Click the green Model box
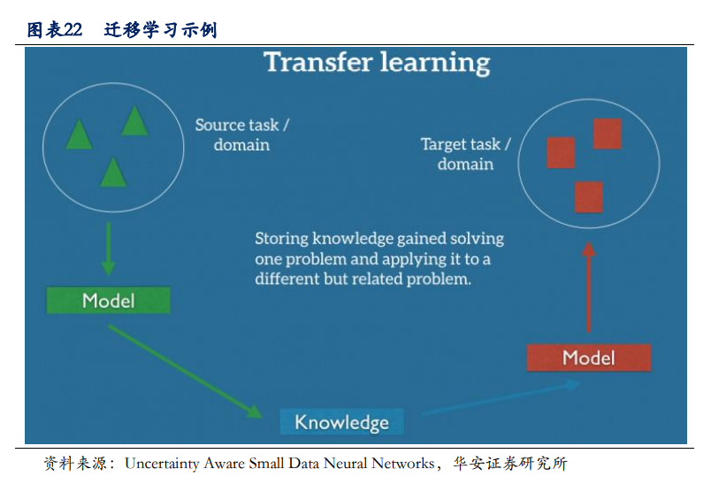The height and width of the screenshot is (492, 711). [x=109, y=300]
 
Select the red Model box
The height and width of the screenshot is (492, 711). [x=589, y=357]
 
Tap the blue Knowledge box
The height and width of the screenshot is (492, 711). [x=341, y=421]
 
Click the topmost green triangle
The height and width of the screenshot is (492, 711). [x=134, y=120]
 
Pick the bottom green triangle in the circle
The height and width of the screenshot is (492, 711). [x=113, y=173]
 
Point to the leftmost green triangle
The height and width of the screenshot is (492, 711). [x=80, y=135]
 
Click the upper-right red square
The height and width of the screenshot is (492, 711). [x=608, y=134]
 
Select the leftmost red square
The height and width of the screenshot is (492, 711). [x=561, y=153]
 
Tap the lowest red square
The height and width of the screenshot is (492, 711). [x=589, y=197]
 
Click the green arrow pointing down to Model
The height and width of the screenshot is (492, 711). [x=109, y=249]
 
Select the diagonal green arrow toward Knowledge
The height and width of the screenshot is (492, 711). [x=185, y=371]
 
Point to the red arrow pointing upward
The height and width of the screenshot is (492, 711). [x=589, y=288]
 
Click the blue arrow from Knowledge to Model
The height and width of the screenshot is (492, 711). [x=501, y=398]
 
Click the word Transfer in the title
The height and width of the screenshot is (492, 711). [x=318, y=62]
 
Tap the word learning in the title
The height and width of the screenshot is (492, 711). [x=435, y=63]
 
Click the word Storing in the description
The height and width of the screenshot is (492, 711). [x=281, y=239]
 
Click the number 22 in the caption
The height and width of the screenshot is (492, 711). [x=73, y=30]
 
